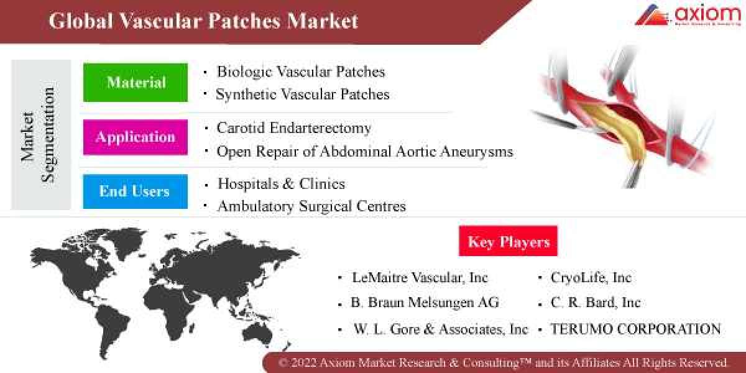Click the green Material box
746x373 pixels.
pyautogui.click(x=136, y=82)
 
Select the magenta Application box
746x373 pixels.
pyautogui.click(x=136, y=137)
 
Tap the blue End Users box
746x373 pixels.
pyautogui.click(x=135, y=191)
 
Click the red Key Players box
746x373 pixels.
pyautogui.click(x=508, y=241)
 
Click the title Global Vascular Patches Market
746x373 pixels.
pyautogui.click(x=203, y=21)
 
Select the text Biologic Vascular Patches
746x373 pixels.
pyautogui.click(x=300, y=71)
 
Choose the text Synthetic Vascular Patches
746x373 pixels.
pyautogui.click(x=302, y=94)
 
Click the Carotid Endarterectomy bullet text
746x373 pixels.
pyautogui.click(x=293, y=128)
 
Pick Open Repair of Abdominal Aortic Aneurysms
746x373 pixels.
pyautogui.click(x=365, y=151)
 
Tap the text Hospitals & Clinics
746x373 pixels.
pyautogui.click(x=280, y=184)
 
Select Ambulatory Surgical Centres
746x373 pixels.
pyautogui.click(x=311, y=206)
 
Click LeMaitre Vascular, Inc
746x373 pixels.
pyautogui.click(x=420, y=278)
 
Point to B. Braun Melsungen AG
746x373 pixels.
pyautogui.click(x=425, y=303)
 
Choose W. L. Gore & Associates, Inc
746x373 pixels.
pyautogui.click(x=440, y=329)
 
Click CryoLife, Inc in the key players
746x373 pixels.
pyautogui.click(x=591, y=278)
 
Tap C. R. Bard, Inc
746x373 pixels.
pyautogui.click(x=595, y=303)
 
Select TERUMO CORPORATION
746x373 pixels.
pyautogui.click(x=635, y=329)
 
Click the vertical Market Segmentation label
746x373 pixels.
pyautogui.click(x=39, y=135)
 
